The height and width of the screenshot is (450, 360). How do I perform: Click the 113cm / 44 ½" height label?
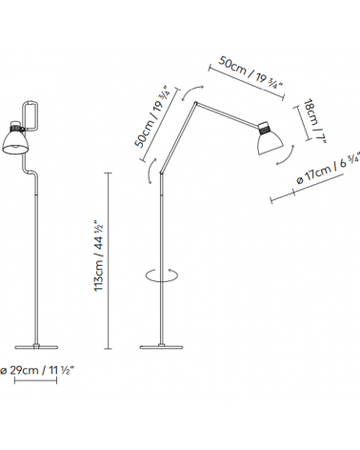coord(99,255)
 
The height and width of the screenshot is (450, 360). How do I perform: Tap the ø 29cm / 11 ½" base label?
coord(37,370)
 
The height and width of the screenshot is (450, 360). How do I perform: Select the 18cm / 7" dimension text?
coord(314,121)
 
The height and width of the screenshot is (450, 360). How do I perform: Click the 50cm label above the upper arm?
coord(250,73)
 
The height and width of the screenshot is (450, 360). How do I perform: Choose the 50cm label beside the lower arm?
coord(152,116)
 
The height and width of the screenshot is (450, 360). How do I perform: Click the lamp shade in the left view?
coord(16,141)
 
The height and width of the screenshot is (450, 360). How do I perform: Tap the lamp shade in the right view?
coord(270,142)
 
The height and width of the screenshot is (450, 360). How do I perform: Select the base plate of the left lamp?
coord(36,347)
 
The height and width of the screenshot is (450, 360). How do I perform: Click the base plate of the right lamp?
coord(162,347)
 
